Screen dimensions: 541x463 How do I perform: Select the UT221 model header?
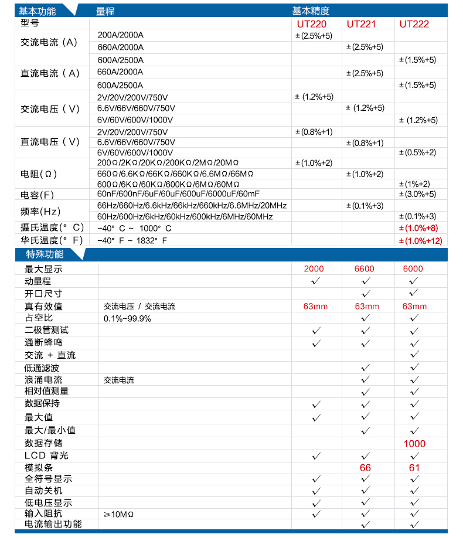[x=361, y=24]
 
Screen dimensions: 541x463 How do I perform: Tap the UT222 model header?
[x=414, y=24]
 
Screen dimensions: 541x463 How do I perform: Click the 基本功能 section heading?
[x=38, y=11]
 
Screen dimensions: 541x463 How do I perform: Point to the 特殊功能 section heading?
[x=45, y=254]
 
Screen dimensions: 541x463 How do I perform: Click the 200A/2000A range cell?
[x=120, y=35]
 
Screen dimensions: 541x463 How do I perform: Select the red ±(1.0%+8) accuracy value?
[x=418, y=228]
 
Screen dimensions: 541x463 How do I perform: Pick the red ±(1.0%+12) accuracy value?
[x=420, y=240]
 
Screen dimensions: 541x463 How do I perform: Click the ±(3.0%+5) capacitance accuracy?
[x=417, y=194]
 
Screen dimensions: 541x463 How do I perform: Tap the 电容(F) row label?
[x=38, y=195]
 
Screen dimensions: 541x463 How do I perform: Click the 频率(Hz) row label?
[x=41, y=211]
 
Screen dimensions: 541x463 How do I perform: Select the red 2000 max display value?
[x=314, y=269]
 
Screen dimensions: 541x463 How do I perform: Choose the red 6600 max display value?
[x=365, y=269]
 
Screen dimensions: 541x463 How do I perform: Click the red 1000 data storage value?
[x=414, y=444]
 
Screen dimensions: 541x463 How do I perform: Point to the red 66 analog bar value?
[x=365, y=468]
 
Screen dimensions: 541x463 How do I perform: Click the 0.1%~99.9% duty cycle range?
[x=127, y=318]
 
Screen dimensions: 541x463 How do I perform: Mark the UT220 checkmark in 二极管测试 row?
[x=316, y=331]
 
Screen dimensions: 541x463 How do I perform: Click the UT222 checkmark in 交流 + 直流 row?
[x=415, y=355]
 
